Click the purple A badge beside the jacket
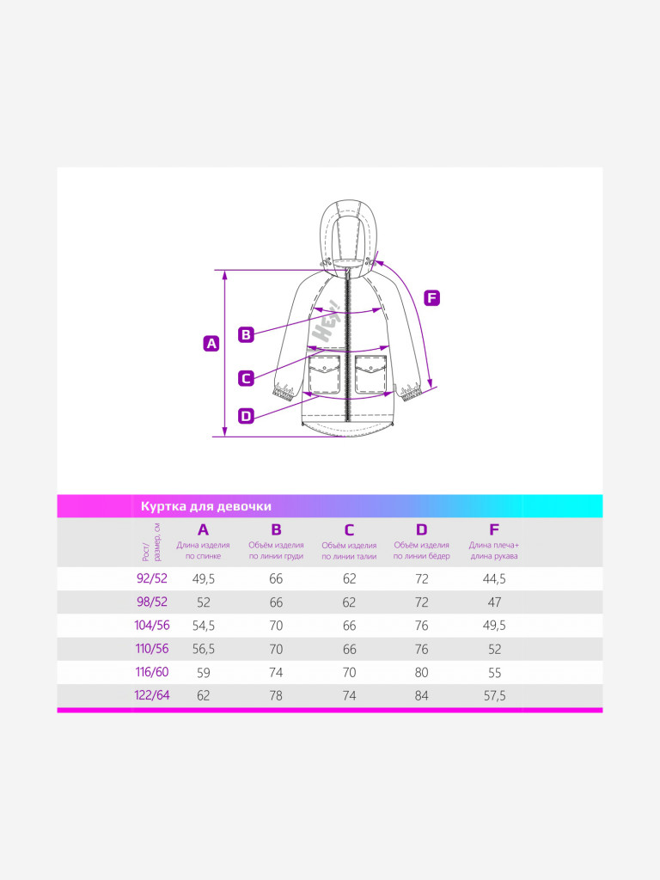(x=211, y=344)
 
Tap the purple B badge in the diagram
(x=246, y=334)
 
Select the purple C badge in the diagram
(x=246, y=378)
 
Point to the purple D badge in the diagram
(x=246, y=416)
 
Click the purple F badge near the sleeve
(x=431, y=298)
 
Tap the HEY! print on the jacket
(x=327, y=322)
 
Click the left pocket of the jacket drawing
(x=325, y=373)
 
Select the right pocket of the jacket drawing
(x=371, y=373)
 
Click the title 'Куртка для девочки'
(x=206, y=506)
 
